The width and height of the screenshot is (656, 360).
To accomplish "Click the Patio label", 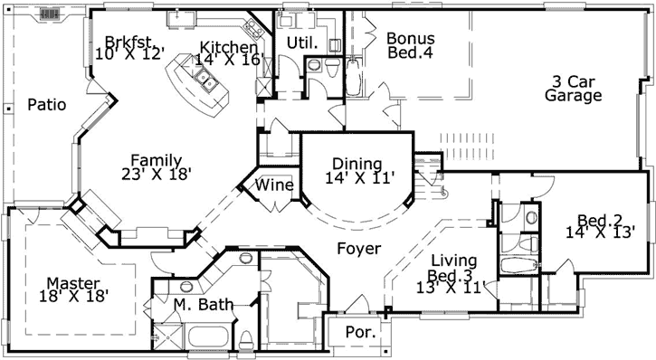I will (x=46, y=104).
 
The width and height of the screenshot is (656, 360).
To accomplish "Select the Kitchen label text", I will (x=229, y=47).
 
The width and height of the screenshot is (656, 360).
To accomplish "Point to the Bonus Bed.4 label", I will (x=410, y=45).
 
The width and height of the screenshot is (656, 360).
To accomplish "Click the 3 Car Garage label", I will (x=573, y=88).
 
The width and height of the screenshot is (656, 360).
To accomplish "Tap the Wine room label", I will (x=275, y=185).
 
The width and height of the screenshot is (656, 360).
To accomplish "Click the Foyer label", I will (x=358, y=249).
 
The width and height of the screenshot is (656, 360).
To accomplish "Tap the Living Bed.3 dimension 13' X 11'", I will (x=453, y=289).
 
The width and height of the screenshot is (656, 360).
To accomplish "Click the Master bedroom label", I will (x=74, y=282).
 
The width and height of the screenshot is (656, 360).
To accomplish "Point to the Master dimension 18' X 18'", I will (x=74, y=296).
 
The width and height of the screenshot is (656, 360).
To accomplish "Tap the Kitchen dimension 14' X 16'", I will (x=229, y=61).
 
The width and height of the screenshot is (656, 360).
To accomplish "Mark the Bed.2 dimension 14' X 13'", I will (x=601, y=232).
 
